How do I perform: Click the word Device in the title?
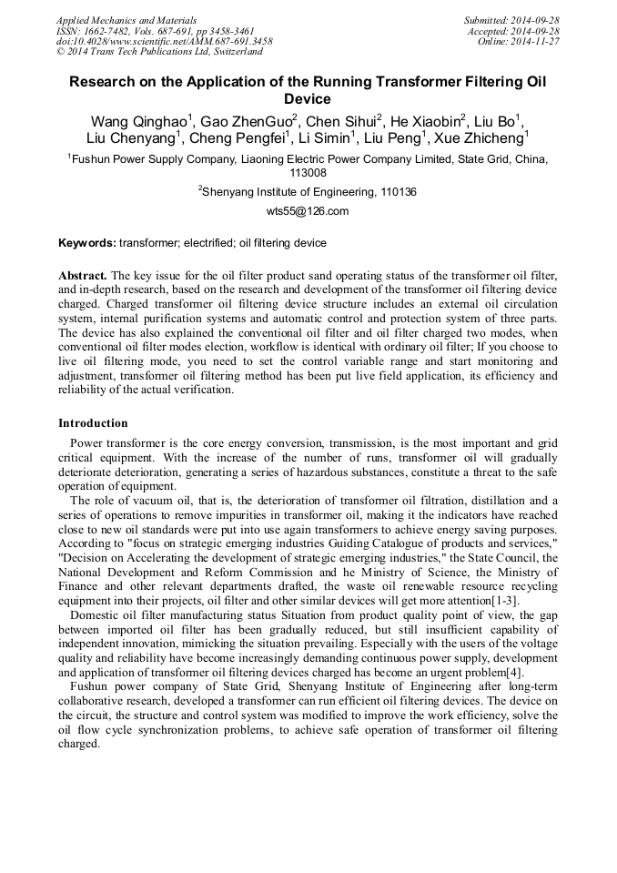pyautogui.click(x=308, y=98)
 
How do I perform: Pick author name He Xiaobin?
pyautogui.click(x=425, y=121)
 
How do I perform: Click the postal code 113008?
pyautogui.click(x=308, y=172)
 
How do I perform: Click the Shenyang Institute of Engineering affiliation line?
pyautogui.click(x=309, y=192)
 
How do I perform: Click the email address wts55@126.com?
pyautogui.click(x=308, y=211)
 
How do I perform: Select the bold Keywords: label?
pyautogui.click(x=87, y=244)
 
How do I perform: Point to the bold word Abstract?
pyautogui.click(x=83, y=275)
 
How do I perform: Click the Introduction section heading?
pyautogui.click(x=94, y=423)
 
